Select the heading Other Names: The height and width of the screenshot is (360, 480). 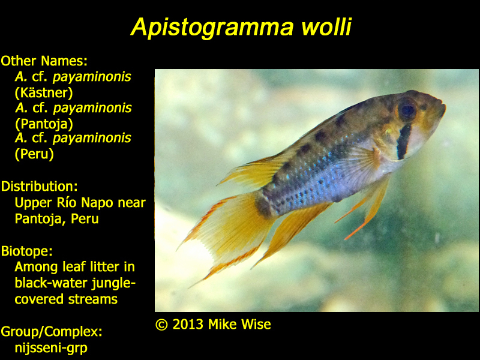[44, 61]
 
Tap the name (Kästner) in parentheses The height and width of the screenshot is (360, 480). [44, 93]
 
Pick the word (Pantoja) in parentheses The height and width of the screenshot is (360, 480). [44, 124]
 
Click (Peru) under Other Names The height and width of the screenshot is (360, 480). [34, 154]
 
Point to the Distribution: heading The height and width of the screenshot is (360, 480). [39, 186]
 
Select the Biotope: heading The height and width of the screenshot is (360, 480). [26, 251]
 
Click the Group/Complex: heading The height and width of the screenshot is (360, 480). [52, 332]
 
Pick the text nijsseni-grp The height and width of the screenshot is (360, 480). [51, 348]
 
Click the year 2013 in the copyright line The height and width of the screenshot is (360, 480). [188, 325]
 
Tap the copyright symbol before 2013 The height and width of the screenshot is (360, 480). [161, 325]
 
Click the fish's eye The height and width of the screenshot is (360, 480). [407, 109]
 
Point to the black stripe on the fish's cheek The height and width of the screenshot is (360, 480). [403, 141]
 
